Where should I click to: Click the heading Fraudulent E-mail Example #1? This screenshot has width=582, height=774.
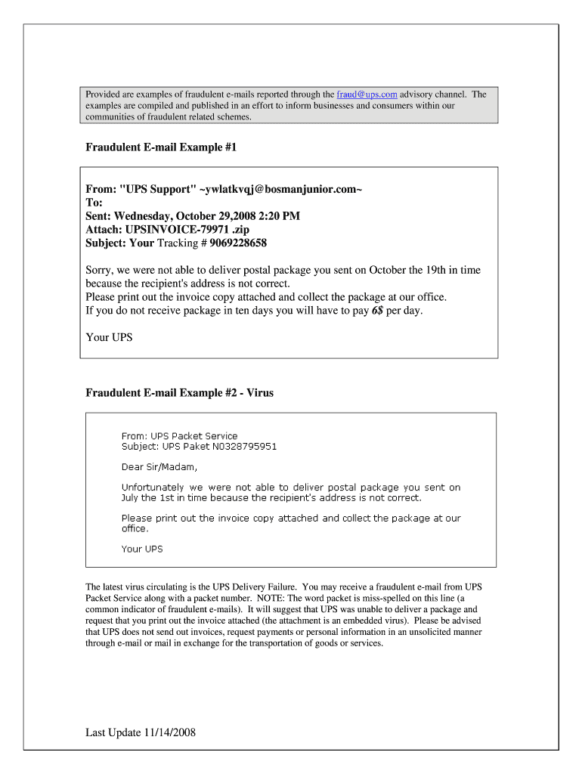pyautogui.click(x=161, y=147)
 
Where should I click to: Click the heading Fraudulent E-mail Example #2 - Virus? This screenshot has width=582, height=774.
pyautogui.click(x=179, y=393)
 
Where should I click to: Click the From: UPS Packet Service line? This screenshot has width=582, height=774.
pyautogui.click(x=179, y=436)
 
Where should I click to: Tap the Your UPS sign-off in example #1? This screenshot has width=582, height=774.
pyautogui.click(x=109, y=337)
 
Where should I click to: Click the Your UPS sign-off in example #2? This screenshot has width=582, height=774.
pyautogui.click(x=142, y=549)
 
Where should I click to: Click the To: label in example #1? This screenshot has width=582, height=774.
pyautogui.click(x=94, y=203)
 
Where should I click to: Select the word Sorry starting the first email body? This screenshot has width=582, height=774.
pyautogui.click(x=100, y=270)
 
